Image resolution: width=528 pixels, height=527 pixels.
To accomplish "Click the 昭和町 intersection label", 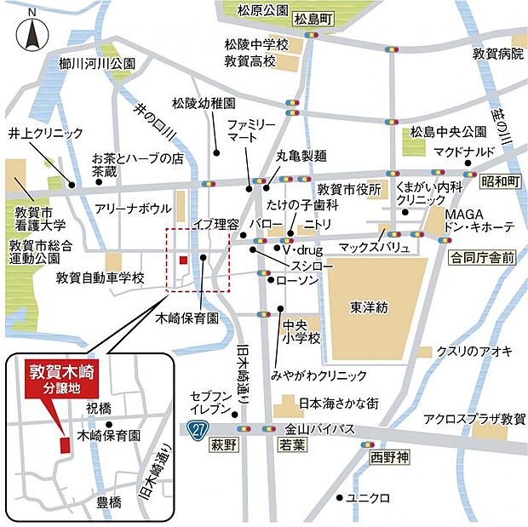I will point(499,180).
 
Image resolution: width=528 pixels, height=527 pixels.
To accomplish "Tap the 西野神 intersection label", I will point(390,456).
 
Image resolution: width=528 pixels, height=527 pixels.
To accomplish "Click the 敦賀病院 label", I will point(498,54).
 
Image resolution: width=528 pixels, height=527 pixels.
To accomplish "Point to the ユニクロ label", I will point(371,497).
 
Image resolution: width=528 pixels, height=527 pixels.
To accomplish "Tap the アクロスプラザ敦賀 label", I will point(475,419).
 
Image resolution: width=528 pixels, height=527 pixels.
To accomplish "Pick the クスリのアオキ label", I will point(473,351).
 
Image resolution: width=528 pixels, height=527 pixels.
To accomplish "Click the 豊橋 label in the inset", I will point(108,501).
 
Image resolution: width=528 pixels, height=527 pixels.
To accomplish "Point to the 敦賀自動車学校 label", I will point(100,278).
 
